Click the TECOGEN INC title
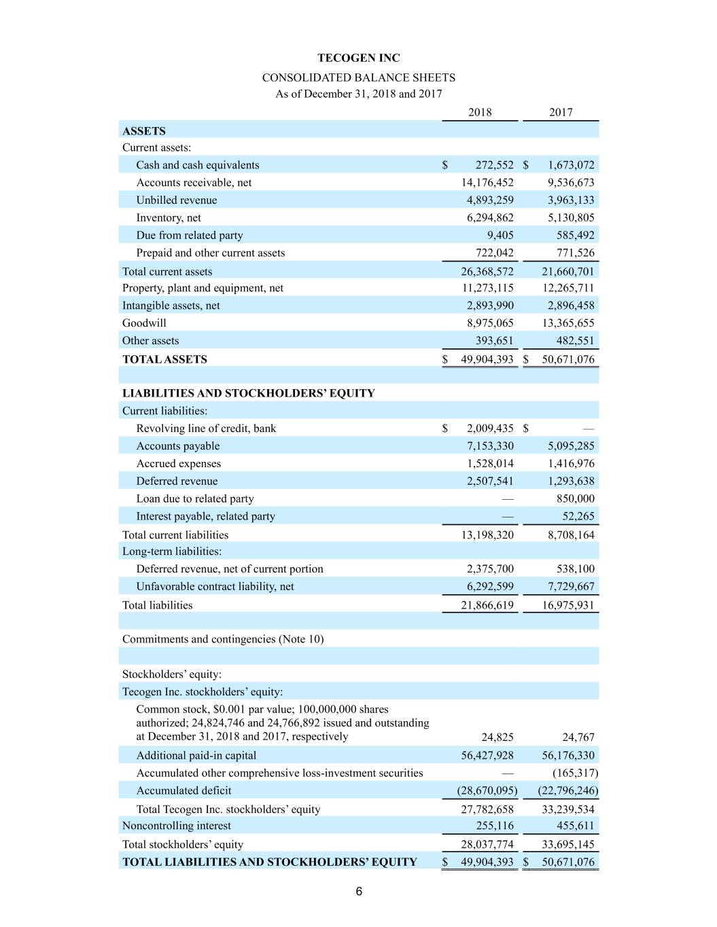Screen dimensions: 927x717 pos(358,58)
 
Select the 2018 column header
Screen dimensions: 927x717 pos(480,113)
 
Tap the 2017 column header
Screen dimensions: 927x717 pos(561,113)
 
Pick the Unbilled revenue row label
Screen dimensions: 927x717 pos(177,200)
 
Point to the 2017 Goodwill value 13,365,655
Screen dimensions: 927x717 pos(568,323)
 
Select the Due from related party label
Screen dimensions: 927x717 pos(190,236)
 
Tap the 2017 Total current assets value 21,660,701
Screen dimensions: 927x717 pos(568,272)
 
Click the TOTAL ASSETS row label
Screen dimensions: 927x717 pos(164,359)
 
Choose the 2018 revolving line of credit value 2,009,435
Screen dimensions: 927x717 pos(490,429)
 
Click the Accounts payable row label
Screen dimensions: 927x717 pos(178,446)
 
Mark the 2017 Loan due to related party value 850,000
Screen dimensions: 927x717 pos(575,499)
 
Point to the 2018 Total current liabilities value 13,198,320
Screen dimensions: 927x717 pos(487,535)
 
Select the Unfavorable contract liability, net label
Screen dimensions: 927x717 pos(215,587)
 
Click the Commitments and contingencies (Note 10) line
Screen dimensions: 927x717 pos(223,639)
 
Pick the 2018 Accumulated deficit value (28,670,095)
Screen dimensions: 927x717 pos(487,790)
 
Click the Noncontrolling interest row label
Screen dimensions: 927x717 pos(177,826)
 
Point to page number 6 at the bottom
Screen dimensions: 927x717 pos(359,892)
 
